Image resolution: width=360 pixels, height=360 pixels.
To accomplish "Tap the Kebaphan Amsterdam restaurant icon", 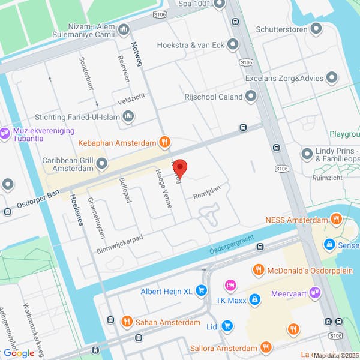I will [165, 143].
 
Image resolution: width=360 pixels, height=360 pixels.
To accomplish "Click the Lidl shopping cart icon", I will [227, 326].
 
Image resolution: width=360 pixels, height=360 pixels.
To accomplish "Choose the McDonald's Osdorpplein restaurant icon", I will [258, 269].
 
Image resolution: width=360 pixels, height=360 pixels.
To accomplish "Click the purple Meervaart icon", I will [315, 292].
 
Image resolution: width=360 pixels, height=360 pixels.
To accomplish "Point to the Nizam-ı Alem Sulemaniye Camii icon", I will [124, 29].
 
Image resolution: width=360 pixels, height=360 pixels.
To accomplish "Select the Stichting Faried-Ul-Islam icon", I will [127, 118].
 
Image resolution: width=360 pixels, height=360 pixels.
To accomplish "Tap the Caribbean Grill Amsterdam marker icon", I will [103, 163].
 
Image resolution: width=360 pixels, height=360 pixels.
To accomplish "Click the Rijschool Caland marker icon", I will [251, 96].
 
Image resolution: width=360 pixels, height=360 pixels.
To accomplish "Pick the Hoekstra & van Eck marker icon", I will [233, 44].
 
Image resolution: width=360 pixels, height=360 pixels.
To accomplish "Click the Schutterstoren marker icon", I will [316, 29].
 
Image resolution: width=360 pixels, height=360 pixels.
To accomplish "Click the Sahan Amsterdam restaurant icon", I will [127, 322].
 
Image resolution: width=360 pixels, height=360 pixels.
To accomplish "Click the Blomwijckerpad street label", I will [119, 244].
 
